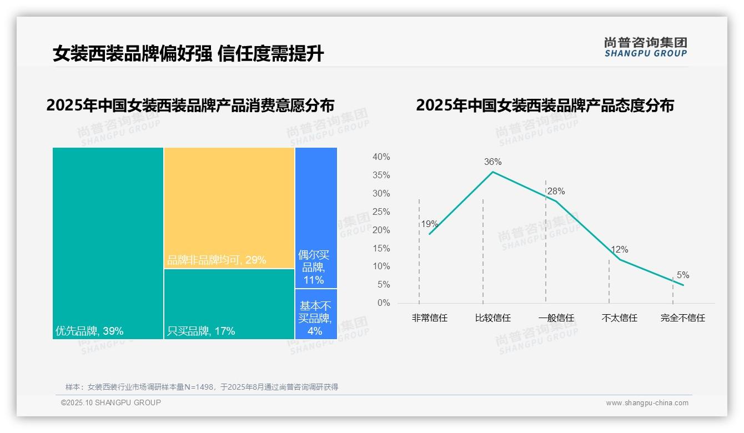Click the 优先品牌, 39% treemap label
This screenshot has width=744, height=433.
[x=89, y=331]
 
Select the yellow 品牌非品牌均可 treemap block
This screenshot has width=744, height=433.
[x=229, y=208]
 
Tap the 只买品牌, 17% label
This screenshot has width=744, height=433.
[x=201, y=331]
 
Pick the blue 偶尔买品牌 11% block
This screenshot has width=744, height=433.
[x=316, y=216]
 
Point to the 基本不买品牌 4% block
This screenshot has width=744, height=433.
[x=315, y=314]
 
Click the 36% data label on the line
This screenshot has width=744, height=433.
[x=492, y=162]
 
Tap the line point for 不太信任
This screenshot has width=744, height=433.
[x=620, y=259]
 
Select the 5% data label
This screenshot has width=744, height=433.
[x=683, y=275]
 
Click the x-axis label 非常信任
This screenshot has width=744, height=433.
[x=429, y=318]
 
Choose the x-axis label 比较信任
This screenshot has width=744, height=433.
[x=492, y=318]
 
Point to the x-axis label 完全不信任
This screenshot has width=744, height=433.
[x=682, y=318]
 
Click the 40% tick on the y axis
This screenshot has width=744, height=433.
[x=381, y=157]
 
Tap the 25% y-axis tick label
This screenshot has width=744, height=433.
[x=381, y=212]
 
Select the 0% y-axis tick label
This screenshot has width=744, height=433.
[x=384, y=303]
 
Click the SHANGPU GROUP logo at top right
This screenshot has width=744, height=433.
[x=645, y=47]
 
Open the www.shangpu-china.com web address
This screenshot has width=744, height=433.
[x=647, y=403]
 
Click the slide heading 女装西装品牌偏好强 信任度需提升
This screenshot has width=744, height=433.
[x=188, y=54]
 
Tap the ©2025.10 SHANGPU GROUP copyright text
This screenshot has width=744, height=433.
[x=111, y=402]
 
